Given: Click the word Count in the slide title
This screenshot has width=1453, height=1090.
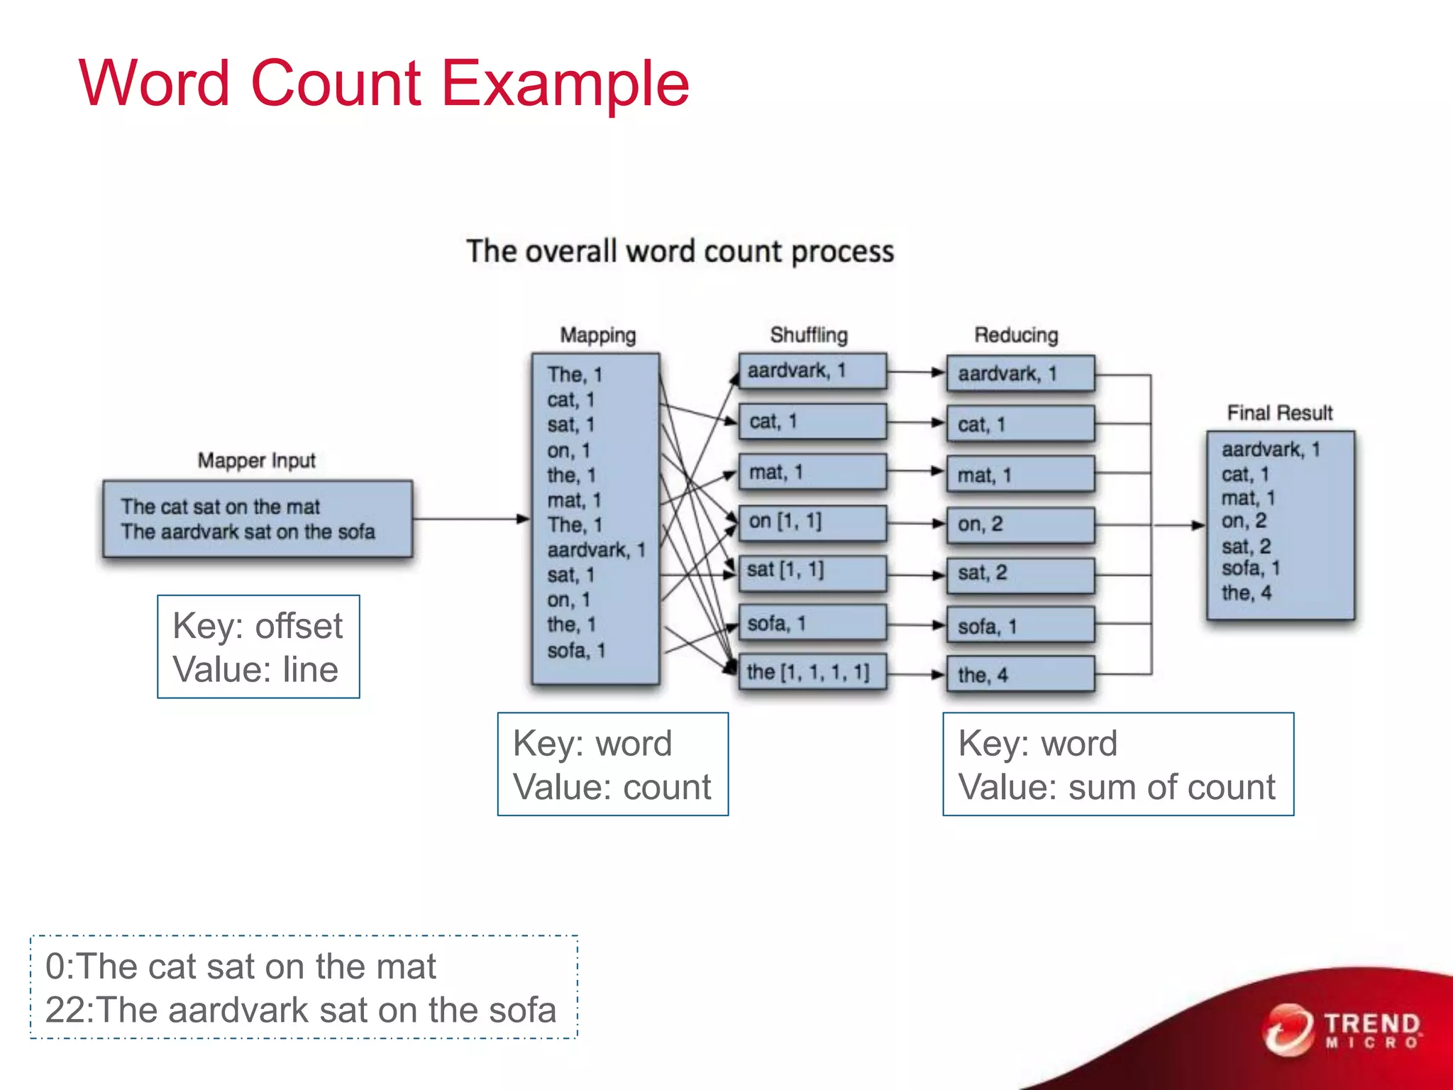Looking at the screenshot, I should click(x=336, y=84).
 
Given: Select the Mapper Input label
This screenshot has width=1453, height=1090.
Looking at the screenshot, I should click(x=256, y=461).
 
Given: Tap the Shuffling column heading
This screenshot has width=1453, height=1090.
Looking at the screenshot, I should click(x=809, y=335).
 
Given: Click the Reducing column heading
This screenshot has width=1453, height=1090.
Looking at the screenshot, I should click(x=1016, y=335).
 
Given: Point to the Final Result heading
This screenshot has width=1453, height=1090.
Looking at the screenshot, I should click(x=1280, y=413).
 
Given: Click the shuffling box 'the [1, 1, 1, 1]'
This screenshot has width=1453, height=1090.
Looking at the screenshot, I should click(x=812, y=672).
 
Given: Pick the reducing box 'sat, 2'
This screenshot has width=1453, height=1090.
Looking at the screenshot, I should click(x=1020, y=573).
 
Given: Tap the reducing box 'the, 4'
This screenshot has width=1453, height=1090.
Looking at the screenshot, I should click(x=1020, y=675).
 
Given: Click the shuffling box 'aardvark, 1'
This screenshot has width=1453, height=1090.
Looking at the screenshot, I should click(x=812, y=371).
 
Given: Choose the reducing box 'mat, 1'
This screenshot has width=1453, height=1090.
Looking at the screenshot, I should click(x=1020, y=475).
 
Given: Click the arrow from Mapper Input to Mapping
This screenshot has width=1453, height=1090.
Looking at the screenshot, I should click(x=471, y=519).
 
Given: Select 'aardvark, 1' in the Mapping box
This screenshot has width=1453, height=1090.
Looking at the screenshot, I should click(x=596, y=550).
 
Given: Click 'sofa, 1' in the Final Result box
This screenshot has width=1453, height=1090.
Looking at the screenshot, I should click(x=1250, y=568).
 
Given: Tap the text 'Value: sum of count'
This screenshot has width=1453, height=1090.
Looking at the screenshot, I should click(x=1117, y=787).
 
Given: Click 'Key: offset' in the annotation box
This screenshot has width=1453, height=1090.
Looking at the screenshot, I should click(x=258, y=626).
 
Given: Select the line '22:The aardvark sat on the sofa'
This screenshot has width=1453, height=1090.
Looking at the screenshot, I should click(x=301, y=1010).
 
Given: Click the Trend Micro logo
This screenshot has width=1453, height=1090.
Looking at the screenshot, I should click(x=1342, y=1030).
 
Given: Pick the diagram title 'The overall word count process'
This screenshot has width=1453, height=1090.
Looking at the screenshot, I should click(x=680, y=252).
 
